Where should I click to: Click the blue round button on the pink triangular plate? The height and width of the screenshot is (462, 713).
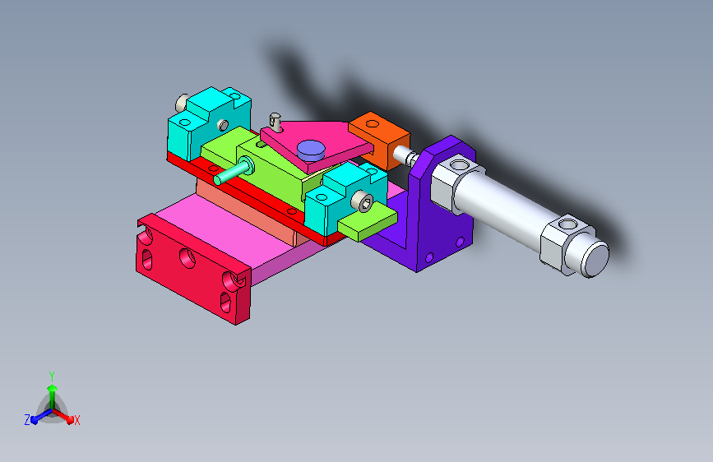[x=311, y=150]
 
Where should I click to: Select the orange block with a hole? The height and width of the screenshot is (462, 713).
[x=380, y=140]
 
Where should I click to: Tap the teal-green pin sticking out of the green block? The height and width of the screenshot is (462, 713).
[x=234, y=170]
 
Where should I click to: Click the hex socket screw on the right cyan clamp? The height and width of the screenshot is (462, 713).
[x=363, y=201]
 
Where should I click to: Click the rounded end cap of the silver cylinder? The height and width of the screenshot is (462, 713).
[x=595, y=258]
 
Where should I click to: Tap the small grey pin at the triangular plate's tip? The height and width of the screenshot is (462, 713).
[x=275, y=122]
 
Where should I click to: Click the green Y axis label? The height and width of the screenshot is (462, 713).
[x=52, y=377]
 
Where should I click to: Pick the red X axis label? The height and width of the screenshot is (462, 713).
[x=76, y=420]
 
